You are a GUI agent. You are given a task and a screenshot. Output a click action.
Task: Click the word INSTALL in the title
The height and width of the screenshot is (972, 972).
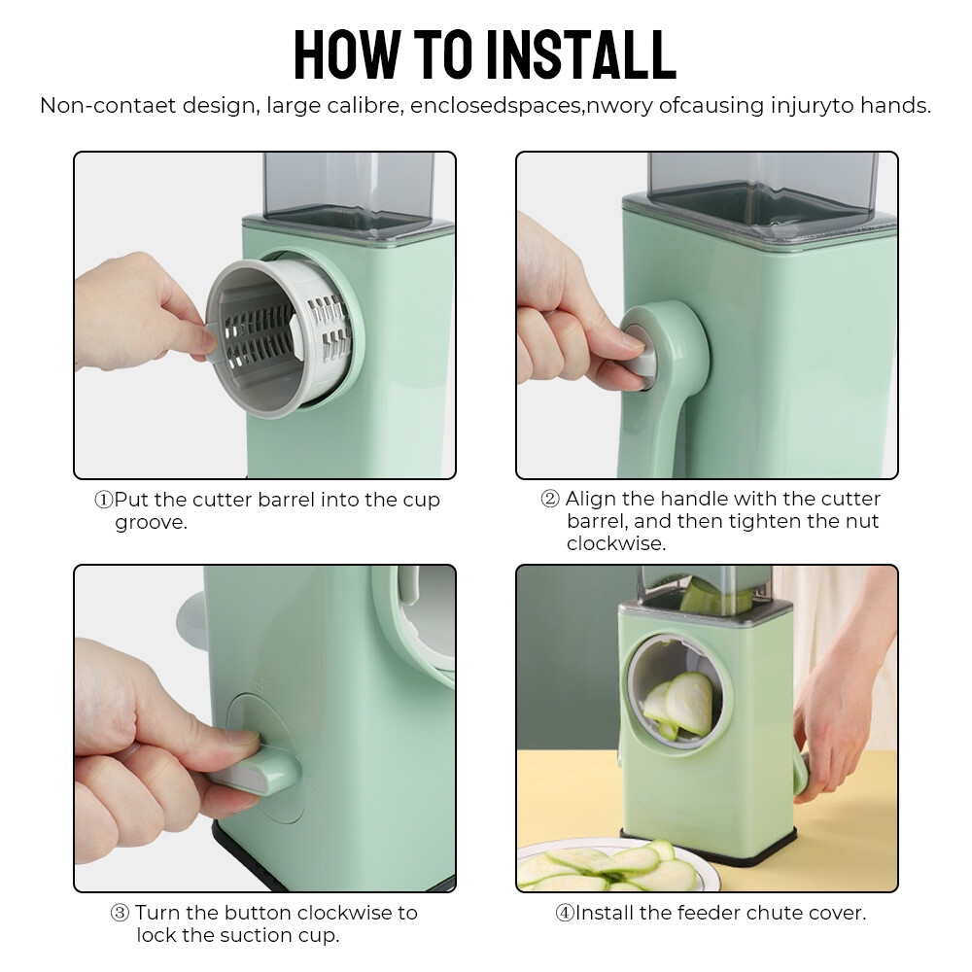pos(581,54)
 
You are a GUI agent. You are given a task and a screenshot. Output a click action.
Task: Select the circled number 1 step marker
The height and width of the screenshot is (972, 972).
pos(104,500)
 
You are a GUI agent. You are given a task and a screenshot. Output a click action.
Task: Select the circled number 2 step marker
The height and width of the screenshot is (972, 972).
pos(550,499)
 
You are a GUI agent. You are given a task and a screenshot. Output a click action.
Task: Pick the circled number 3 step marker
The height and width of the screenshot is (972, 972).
pos(120,913)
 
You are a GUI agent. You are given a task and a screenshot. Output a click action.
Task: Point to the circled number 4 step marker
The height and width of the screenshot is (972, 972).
pos(564,913)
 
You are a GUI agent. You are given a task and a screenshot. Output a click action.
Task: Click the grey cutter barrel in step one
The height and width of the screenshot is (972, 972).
pos(280,338)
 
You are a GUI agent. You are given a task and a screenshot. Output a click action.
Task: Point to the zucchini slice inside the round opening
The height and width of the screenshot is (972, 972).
pos(688,703)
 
